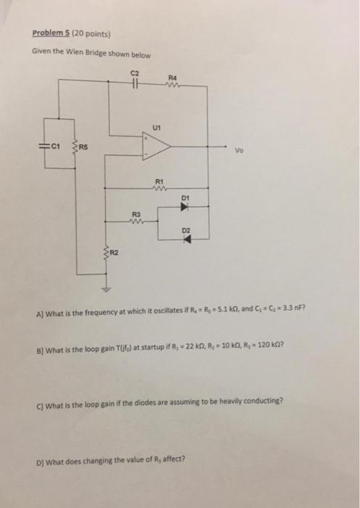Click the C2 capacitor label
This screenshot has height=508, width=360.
pyautogui.click(x=134, y=73)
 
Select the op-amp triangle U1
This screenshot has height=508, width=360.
pyautogui.click(x=157, y=149)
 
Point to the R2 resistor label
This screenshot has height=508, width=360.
pyautogui.click(x=114, y=252)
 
